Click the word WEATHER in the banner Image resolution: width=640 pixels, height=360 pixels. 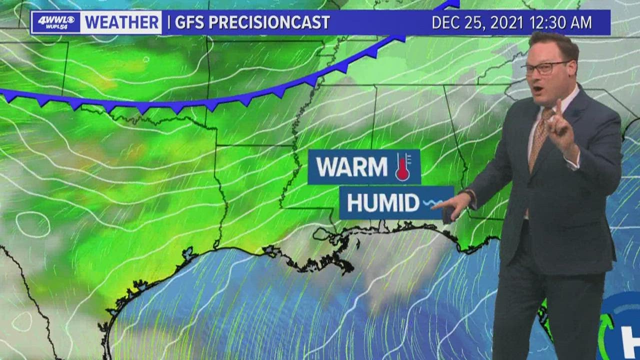tap(122, 22)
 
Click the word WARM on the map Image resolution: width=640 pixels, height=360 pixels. tap(352, 167)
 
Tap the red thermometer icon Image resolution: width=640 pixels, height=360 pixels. tap(403, 167)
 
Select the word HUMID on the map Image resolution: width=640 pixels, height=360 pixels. tap(383, 203)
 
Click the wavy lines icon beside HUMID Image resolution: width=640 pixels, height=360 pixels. tap(431, 203)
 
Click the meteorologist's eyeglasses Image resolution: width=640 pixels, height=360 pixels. tap(545, 67)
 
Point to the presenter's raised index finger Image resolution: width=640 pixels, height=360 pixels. tap(558, 109)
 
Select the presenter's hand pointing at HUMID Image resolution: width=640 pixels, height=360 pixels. tap(455, 203)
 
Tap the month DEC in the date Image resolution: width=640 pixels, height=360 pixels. tap(444, 22)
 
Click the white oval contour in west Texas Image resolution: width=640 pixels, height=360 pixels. tap(33, 224)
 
